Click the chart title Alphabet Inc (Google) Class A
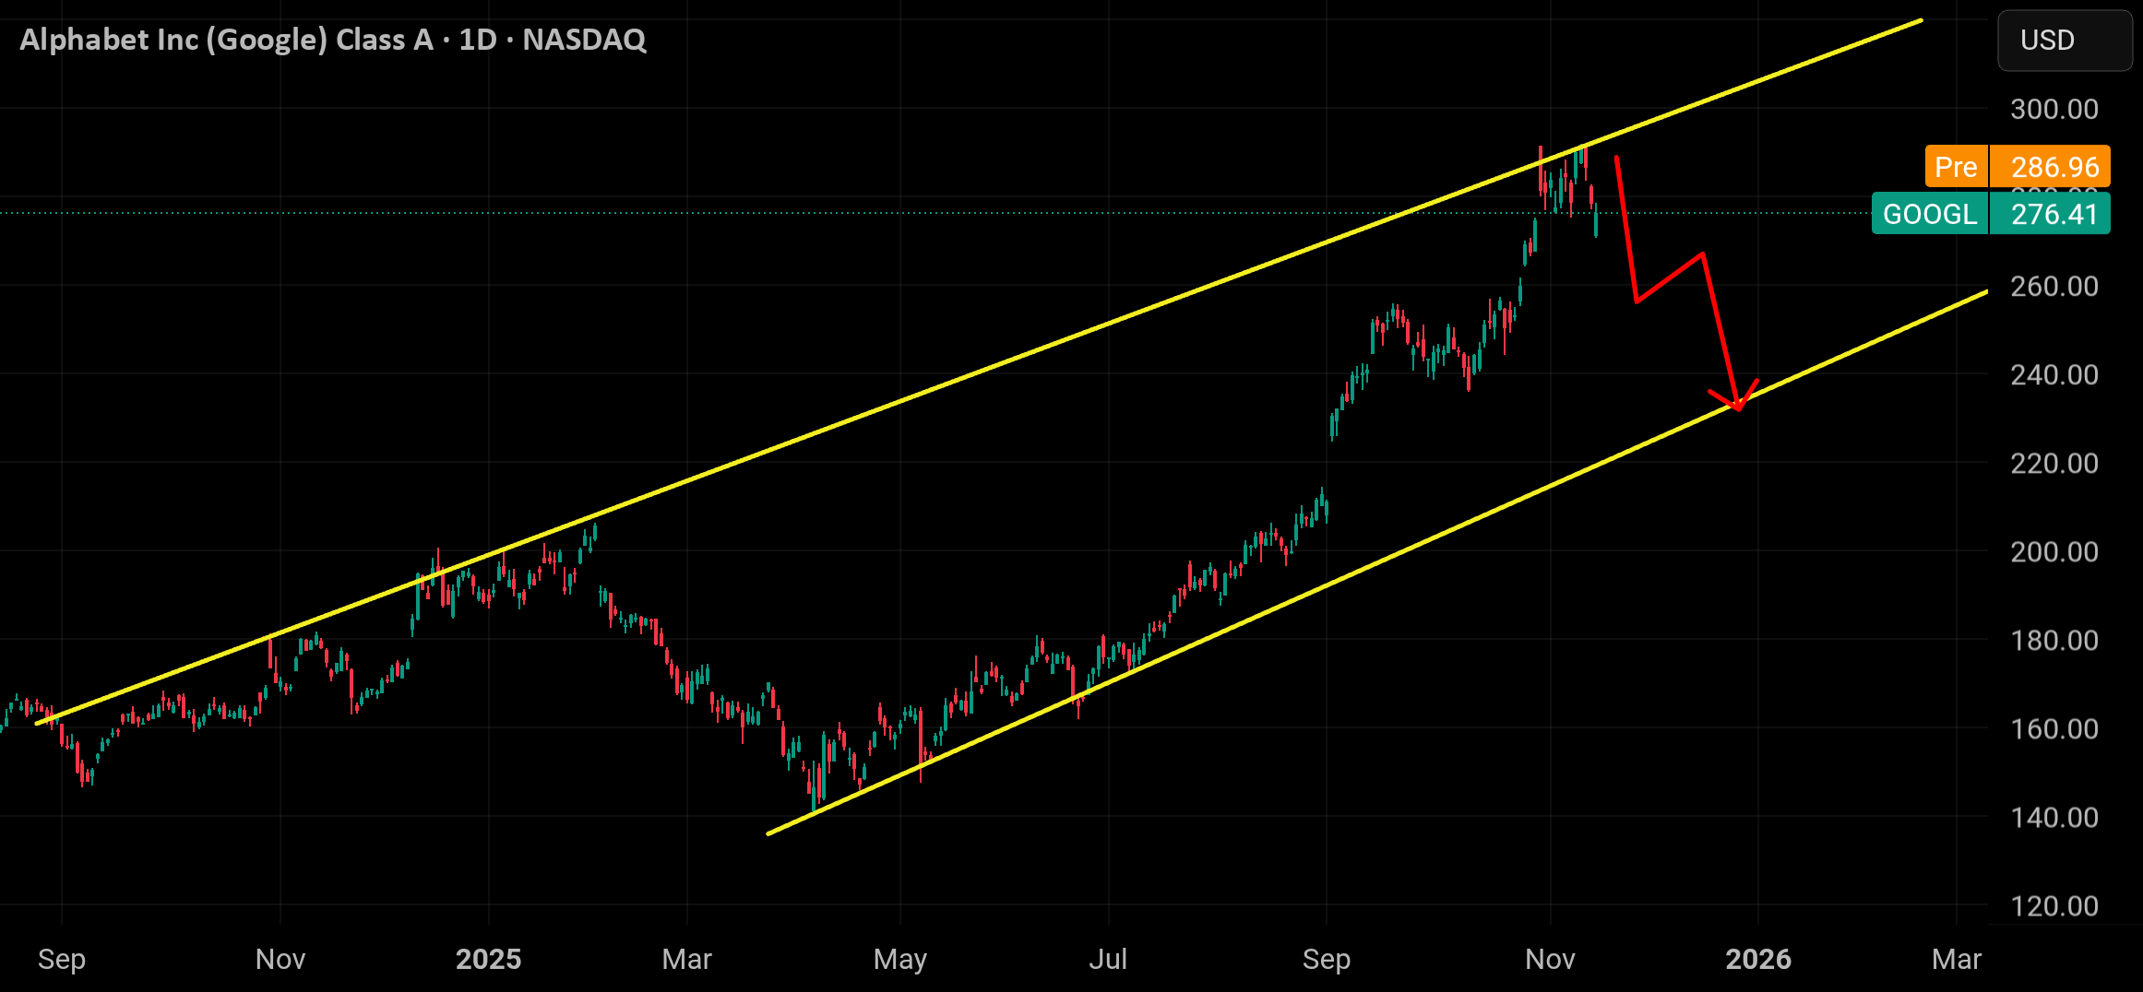click(226, 40)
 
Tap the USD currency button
click(2065, 41)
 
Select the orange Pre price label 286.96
click(2018, 167)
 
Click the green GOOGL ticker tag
click(1930, 214)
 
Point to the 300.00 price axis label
click(2054, 109)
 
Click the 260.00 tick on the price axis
click(2054, 286)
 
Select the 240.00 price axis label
click(2054, 374)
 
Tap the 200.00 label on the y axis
click(2054, 551)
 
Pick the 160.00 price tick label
click(2054, 728)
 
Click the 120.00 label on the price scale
click(2054, 905)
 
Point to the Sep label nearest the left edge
click(62, 959)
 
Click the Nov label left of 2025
click(280, 959)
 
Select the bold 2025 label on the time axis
click(489, 959)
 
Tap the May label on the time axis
click(900, 959)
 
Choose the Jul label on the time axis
click(1108, 959)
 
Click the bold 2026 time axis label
click(1758, 959)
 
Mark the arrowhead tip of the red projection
click(1738, 409)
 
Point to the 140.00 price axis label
click(2054, 817)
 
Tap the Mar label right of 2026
click(1957, 959)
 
